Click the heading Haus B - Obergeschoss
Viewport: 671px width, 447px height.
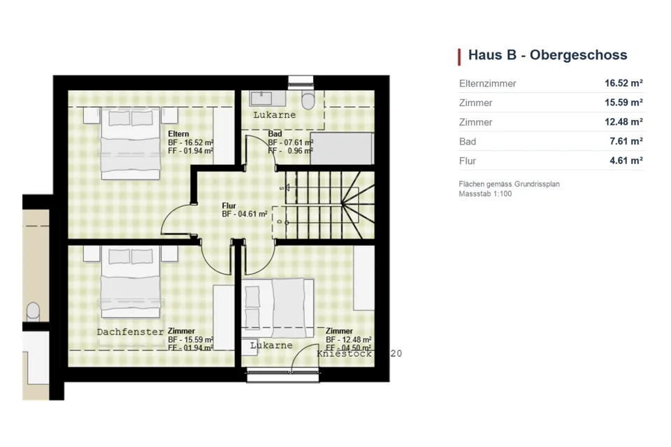coord(547,55)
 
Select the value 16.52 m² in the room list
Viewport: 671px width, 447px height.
coord(623,83)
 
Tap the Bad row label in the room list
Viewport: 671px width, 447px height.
coord(468,142)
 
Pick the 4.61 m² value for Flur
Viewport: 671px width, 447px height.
coord(626,161)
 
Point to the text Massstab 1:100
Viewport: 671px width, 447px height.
coord(485,193)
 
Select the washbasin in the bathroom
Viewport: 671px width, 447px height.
coord(261,98)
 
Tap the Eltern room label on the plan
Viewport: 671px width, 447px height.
coord(178,134)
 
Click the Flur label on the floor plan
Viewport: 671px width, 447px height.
coord(229,206)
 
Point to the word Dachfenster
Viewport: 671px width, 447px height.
coord(130,332)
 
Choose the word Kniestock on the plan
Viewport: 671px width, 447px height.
coord(344,353)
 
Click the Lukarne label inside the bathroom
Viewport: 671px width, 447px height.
coord(274,115)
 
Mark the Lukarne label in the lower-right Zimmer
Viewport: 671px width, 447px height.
coord(271,345)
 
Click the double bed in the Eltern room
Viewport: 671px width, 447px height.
coord(130,144)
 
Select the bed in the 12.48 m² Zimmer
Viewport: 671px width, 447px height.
coord(278,309)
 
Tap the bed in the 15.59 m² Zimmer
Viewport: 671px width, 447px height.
coord(130,282)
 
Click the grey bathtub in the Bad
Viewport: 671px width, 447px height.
coord(342,149)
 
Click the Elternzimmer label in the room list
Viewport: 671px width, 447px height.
coord(487,83)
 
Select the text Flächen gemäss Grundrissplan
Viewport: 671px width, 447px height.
coord(510,184)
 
